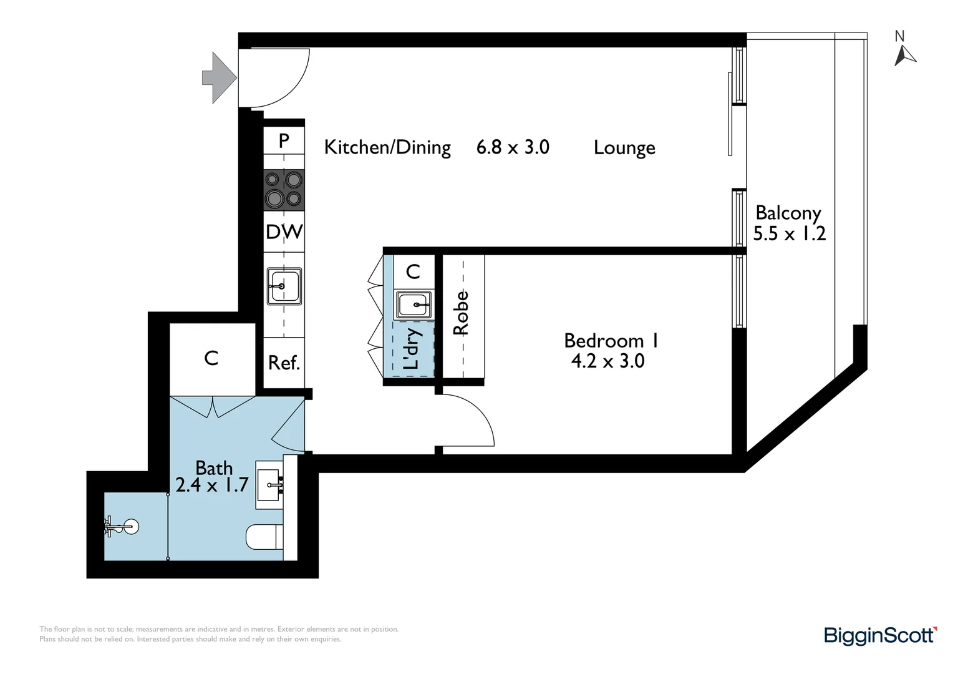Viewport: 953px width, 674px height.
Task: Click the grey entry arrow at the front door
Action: click(219, 78)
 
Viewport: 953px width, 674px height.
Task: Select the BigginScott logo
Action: click(880, 635)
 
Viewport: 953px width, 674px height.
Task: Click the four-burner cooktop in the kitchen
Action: click(284, 190)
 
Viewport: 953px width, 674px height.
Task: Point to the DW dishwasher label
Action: click(284, 232)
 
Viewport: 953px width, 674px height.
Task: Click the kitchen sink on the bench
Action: click(284, 286)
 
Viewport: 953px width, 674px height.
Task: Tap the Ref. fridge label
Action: click(284, 363)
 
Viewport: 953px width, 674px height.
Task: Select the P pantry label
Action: click(284, 140)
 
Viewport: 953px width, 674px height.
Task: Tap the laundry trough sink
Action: click(414, 305)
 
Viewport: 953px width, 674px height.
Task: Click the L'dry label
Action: click(412, 349)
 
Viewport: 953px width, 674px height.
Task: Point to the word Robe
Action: click(461, 313)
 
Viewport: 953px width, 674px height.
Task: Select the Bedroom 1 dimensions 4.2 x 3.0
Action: click(607, 361)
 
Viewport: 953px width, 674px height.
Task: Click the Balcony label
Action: click(788, 213)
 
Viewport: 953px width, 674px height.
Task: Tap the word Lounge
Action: click(624, 148)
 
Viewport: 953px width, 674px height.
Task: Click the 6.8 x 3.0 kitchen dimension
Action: click(513, 147)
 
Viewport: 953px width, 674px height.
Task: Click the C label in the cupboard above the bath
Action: click(211, 358)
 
